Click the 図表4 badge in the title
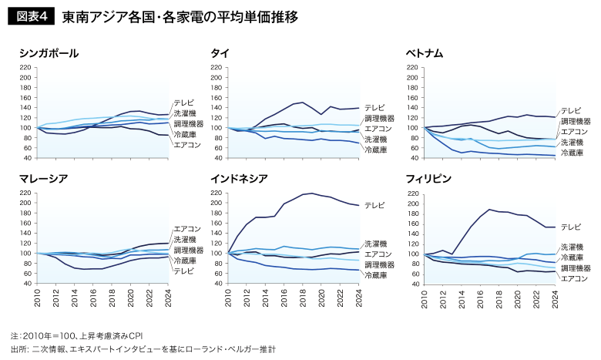click(x=31, y=16)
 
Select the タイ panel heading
click(x=218, y=53)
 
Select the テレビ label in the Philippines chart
click(x=571, y=227)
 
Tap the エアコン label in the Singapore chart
click(x=187, y=145)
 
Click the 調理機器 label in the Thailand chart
click(x=379, y=118)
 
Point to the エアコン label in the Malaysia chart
click(x=187, y=229)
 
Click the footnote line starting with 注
click(x=77, y=336)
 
